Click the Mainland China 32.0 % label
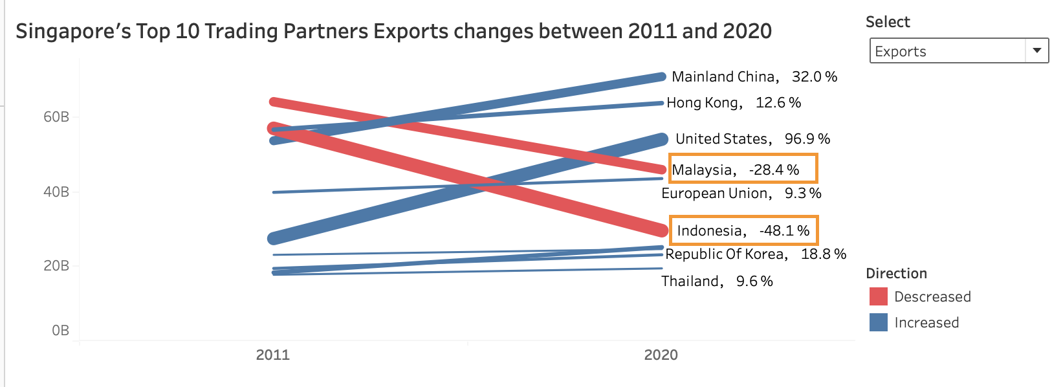click(x=754, y=77)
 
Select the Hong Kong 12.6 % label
click(x=734, y=103)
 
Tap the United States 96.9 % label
click(x=752, y=139)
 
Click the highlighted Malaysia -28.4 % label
click(x=743, y=169)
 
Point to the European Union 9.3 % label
click(x=741, y=193)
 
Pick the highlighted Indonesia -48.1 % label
click(x=743, y=231)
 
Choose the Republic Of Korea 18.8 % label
click(x=755, y=254)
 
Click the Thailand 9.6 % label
click(x=717, y=282)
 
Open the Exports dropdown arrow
click(x=1036, y=50)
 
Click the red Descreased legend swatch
click(x=878, y=296)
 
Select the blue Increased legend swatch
click(x=878, y=322)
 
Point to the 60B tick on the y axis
click(x=56, y=117)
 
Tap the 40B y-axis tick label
click(x=56, y=192)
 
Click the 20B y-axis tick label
click(x=56, y=266)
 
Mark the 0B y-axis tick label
click(x=60, y=331)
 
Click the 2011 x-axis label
click(x=273, y=355)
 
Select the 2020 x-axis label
click(x=661, y=355)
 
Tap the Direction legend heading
click(x=896, y=273)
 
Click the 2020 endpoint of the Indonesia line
click(x=659, y=230)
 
